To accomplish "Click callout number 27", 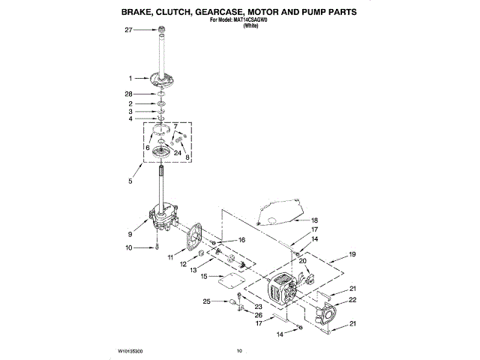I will coord(128,31).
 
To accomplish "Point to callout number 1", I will coord(130,78).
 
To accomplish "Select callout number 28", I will coord(128,93).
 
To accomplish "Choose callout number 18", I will coord(315,220).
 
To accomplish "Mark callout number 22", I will coord(352,300).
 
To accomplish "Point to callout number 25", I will coord(206,301).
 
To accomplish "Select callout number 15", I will coord(204,276).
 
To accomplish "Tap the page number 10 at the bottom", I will coord(240,350).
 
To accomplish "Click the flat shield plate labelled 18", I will coord(277,210).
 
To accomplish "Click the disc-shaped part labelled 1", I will coord(161,78).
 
